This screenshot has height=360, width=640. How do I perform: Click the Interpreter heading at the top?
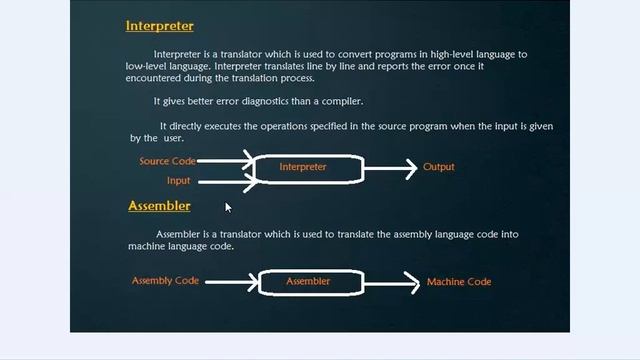pyautogui.click(x=160, y=26)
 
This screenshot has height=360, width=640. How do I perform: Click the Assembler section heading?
pyautogui.click(x=159, y=206)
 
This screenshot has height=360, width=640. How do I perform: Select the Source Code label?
pyautogui.click(x=168, y=161)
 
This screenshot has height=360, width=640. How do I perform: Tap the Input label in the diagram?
pyautogui.click(x=178, y=181)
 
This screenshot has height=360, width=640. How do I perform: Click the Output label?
pyautogui.click(x=439, y=167)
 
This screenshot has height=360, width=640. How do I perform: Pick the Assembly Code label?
pyautogui.click(x=165, y=281)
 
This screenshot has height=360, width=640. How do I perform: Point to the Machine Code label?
pyautogui.click(x=459, y=282)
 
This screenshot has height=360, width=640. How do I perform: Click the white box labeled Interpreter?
pyautogui.click(x=308, y=167)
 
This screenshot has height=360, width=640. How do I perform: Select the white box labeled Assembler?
pyautogui.click(x=308, y=282)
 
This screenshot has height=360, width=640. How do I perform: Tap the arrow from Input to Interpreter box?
pyautogui.click(x=225, y=181)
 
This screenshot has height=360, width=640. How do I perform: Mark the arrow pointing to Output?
pyautogui.click(x=390, y=168)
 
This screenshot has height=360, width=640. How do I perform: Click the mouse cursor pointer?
pyautogui.click(x=228, y=207)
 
